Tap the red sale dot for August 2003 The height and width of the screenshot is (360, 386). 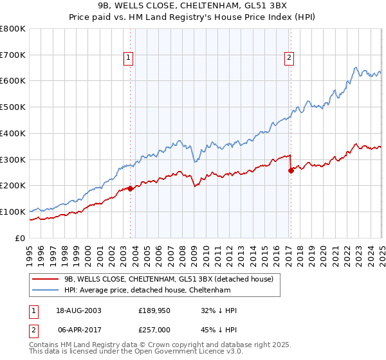[131, 188]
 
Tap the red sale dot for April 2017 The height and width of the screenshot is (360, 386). [291, 170]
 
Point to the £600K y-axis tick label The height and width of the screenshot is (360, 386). [13, 81]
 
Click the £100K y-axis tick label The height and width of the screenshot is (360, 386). [13, 212]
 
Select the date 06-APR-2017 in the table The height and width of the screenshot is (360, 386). [79, 329]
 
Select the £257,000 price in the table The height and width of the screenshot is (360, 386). [154, 329]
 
